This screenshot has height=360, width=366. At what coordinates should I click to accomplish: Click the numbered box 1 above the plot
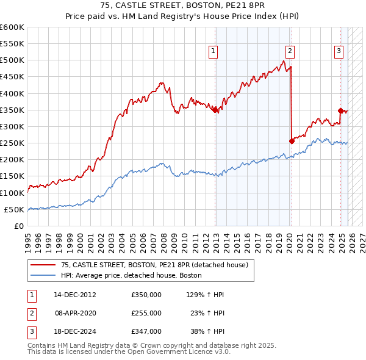click(x=213, y=52)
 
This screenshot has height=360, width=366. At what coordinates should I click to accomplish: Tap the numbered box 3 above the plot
click(x=339, y=52)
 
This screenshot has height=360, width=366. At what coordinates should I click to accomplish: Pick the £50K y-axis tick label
click(x=14, y=209)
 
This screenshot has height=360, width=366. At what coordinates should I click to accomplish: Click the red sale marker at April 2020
click(x=292, y=141)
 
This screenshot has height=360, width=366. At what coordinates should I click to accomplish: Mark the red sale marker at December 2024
click(x=340, y=110)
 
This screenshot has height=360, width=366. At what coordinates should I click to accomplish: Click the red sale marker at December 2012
click(x=215, y=110)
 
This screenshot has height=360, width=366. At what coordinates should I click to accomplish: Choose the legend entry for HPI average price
click(x=131, y=275)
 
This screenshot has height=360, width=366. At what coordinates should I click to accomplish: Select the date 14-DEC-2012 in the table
click(x=75, y=295)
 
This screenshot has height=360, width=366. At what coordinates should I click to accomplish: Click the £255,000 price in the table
click(x=146, y=313)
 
